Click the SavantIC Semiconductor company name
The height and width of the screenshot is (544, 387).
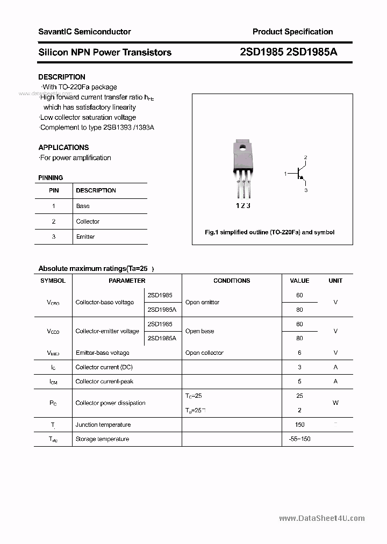(x=84, y=32)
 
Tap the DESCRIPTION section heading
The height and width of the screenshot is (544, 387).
(x=62, y=77)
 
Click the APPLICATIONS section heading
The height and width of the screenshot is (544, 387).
(x=63, y=147)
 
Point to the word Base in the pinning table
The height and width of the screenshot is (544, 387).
(x=83, y=206)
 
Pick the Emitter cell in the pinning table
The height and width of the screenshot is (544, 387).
(x=85, y=237)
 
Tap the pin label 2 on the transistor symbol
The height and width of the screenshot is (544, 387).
(x=305, y=158)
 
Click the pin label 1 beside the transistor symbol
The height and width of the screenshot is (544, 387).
(x=285, y=174)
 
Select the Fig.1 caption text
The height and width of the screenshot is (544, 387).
(x=270, y=232)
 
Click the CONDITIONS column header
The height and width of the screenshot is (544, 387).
(x=232, y=281)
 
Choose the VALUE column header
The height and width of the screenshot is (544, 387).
(x=299, y=281)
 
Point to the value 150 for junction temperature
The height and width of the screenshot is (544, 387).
(x=299, y=425)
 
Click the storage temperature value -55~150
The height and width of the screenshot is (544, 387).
(x=299, y=439)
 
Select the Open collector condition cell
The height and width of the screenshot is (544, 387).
(x=204, y=353)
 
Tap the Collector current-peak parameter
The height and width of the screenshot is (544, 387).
(x=104, y=381)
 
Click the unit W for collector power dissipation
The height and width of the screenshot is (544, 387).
(x=335, y=403)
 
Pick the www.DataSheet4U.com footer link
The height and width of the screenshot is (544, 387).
(x=322, y=518)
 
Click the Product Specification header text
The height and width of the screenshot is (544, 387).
(x=292, y=32)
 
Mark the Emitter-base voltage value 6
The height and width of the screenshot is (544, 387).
(x=299, y=353)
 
